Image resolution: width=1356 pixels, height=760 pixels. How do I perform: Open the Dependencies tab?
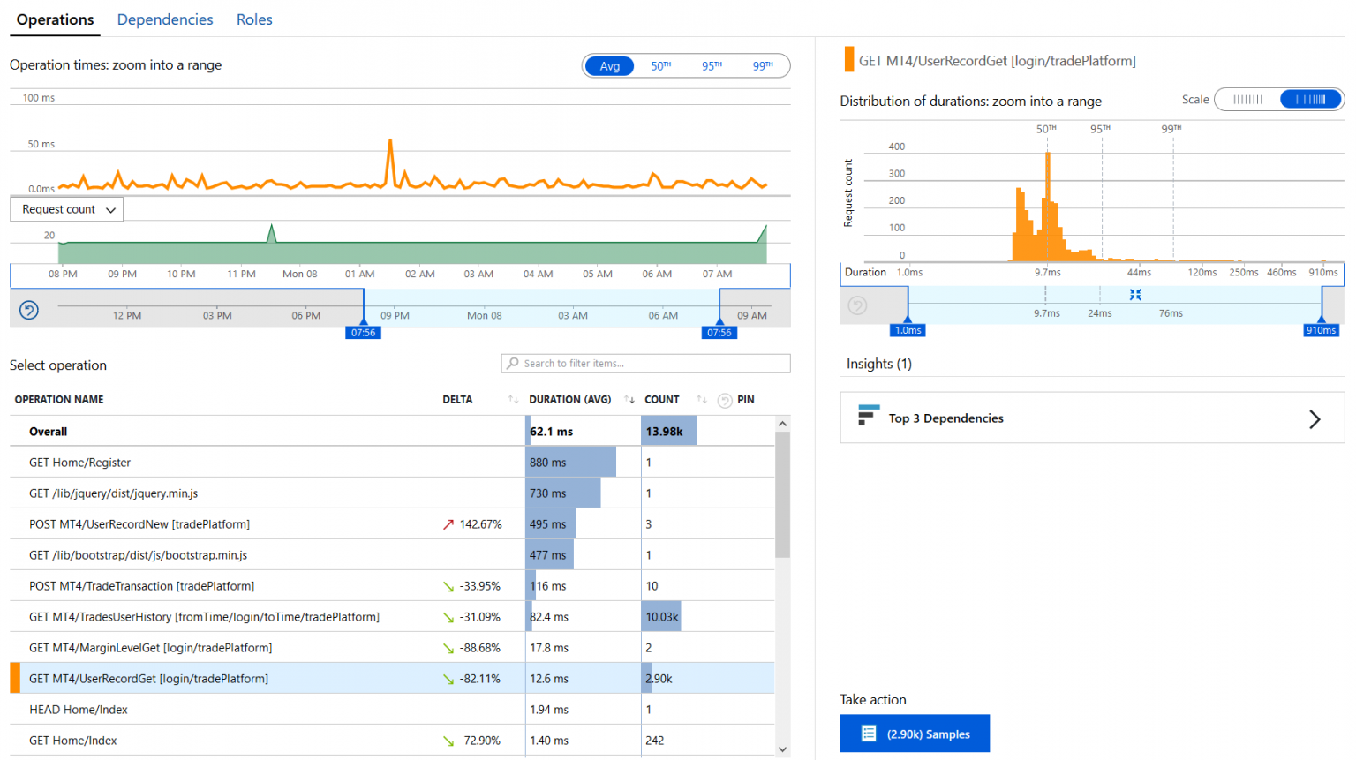tap(165, 19)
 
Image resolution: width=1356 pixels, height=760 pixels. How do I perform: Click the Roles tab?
tap(254, 19)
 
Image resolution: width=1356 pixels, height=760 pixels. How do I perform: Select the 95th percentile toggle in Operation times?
tap(712, 66)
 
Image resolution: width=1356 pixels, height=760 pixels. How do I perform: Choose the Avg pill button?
tap(609, 66)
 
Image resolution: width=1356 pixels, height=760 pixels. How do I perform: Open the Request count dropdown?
tap(67, 209)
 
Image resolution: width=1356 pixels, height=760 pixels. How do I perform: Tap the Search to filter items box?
tap(645, 364)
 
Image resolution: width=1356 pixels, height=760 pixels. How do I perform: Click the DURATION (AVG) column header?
tap(569, 400)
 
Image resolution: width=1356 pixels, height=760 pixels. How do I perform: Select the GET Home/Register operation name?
tap(79, 463)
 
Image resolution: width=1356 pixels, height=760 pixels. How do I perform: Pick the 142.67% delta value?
tap(480, 524)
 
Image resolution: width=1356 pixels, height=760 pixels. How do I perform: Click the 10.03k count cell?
tap(661, 617)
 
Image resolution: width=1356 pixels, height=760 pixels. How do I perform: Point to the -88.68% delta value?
tap(480, 648)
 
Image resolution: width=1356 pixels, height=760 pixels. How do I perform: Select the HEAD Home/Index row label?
tap(79, 710)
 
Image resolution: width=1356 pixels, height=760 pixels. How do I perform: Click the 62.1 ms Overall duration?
tap(552, 432)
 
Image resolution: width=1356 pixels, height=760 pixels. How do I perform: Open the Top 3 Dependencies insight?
tap(1091, 418)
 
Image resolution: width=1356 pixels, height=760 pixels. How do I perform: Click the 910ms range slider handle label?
tap(1321, 330)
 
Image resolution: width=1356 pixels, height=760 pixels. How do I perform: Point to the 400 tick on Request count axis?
tap(896, 147)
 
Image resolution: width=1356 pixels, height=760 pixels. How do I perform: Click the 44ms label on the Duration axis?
tap(1139, 273)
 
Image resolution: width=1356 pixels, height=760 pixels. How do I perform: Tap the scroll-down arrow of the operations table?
tap(782, 749)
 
